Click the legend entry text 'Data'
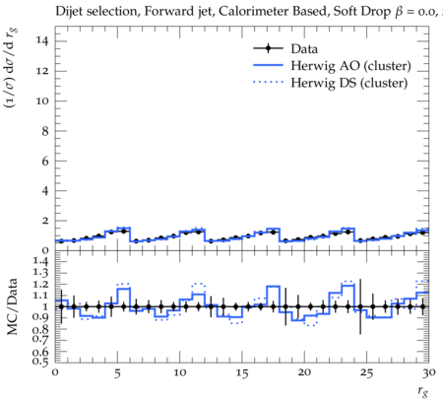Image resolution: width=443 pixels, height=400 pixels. coord(304,49)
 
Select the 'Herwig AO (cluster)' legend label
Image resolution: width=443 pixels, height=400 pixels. coord(350,66)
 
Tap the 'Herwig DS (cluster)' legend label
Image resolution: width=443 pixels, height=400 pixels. coord(349,83)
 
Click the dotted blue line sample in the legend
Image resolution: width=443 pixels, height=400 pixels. coord(268,82)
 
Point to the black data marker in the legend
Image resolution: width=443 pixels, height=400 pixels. coord(268,48)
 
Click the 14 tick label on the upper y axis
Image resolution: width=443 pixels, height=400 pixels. coord(42,41)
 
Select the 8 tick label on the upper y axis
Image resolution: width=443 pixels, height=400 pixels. coord(45,131)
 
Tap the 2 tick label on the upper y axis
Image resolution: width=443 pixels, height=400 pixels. coord(45,221)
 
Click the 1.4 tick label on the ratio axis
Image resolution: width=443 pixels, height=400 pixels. coord(40,262)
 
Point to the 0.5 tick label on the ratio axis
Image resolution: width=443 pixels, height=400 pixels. coord(40,362)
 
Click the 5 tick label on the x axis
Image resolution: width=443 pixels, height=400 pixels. coord(117,373)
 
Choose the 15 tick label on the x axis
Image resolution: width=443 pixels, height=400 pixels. coord(242,373)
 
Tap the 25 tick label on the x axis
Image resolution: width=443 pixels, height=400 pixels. coord(366,373)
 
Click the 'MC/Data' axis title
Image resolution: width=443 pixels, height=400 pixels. coord(12,306)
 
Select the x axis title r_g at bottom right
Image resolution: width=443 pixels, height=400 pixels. coord(423,391)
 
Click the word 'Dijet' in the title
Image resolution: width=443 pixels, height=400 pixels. coord(69,11)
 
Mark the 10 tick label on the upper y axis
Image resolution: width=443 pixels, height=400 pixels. coord(42,100)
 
